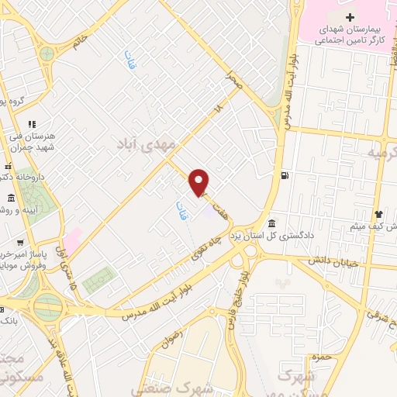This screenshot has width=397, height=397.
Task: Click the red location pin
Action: (x=200, y=182)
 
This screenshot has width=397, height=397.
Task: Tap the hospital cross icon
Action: (x=350, y=17)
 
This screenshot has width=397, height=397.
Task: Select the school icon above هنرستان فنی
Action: (x=32, y=124)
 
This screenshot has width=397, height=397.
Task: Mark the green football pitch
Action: (x=98, y=280)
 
